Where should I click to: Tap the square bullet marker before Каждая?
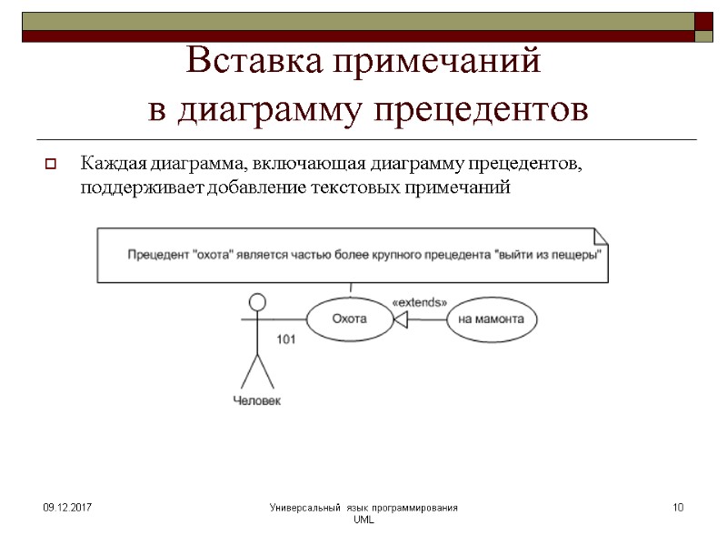(x=51, y=166)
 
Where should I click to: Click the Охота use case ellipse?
(x=349, y=319)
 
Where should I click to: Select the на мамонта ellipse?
(x=491, y=319)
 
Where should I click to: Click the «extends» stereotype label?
(x=419, y=301)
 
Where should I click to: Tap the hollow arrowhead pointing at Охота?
(x=400, y=319)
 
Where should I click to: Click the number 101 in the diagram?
(x=286, y=339)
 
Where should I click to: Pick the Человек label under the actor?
(x=257, y=400)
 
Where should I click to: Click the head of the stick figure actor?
(x=258, y=301)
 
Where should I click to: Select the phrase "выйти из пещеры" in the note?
(x=549, y=256)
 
